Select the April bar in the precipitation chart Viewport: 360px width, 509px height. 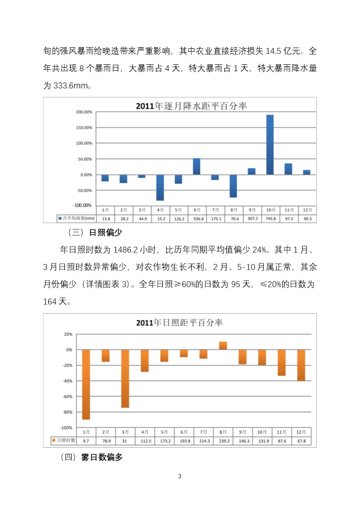click(x=160, y=187)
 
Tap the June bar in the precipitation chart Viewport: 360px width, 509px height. click(x=197, y=166)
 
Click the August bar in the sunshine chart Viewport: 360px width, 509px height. click(x=223, y=346)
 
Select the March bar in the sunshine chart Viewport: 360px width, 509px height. click(x=125, y=378)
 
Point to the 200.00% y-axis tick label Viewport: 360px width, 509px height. click(x=84, y=112)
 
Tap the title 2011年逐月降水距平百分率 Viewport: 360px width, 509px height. click(x=191, y=106)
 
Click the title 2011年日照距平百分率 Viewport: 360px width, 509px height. click(x=180, y=323)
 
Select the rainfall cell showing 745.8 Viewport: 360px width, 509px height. click(x=270, y=219)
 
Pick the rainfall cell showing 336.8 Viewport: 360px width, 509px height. click(x=197, y=219)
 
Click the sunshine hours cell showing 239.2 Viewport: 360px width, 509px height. click(x=223, y=441)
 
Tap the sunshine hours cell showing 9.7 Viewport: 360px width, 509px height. click(x=86, y=441)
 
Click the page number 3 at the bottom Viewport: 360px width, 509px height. click(x=180, y=476)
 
